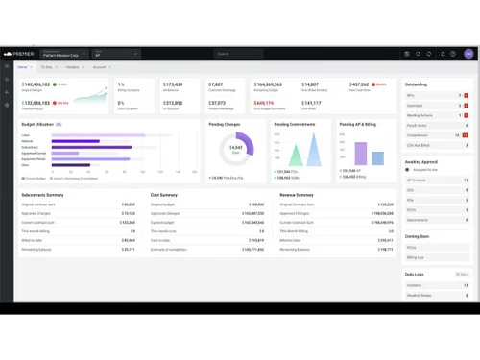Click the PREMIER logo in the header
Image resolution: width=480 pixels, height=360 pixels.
20,55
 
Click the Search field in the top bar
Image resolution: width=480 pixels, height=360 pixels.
238,55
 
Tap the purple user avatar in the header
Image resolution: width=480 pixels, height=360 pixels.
468,55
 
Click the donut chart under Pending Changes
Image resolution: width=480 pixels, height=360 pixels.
236,148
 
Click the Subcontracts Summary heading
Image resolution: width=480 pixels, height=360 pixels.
42,195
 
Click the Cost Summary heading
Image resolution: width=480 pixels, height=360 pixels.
164,195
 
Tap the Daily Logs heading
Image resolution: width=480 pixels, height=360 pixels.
415,275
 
